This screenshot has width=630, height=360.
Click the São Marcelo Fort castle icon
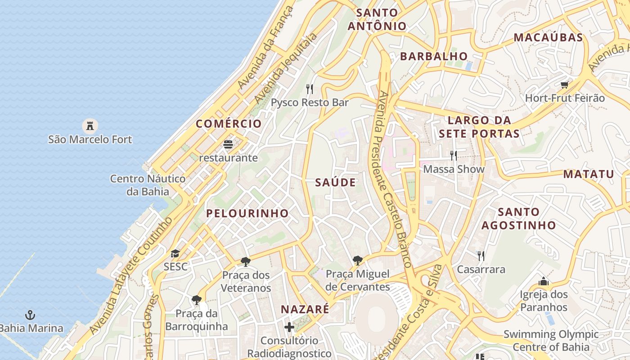point(90,125)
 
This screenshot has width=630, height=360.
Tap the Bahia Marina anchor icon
point(30,315)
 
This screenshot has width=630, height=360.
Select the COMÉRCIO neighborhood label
point(229,124)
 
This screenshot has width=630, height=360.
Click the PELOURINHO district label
point(247,213)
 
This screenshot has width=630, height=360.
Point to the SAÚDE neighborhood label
point(335,182)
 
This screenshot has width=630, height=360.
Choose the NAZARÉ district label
point(305,309)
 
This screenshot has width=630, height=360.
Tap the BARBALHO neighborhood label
point(434,56)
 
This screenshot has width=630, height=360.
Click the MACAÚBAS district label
point(548,37)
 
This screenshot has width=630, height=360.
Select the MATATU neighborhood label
point(589,174)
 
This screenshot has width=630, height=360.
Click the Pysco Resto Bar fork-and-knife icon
point(310,89)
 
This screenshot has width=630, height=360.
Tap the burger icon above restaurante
point(228,144)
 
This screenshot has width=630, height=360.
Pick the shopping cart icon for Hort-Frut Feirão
point(565,84)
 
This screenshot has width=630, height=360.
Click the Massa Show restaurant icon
point(454,155)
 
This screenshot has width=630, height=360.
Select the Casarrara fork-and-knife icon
point(481,256)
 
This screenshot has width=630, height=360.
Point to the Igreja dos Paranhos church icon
point(544,281)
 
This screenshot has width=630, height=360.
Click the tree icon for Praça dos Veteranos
point(246,261)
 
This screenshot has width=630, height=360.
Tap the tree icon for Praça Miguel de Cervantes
point(358,260)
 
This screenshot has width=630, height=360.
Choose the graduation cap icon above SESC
point(175,253)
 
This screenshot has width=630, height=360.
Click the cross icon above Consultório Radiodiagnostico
point(289,327)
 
